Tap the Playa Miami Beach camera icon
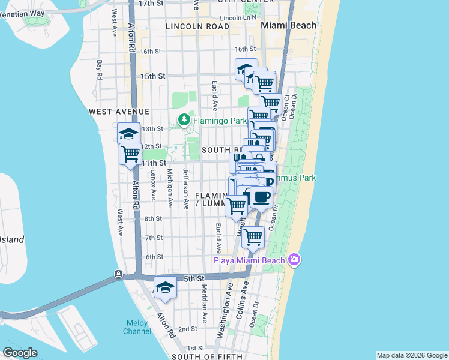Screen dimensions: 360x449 click(x=294, y=259)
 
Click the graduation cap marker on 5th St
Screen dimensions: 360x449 click(x=165, y=287)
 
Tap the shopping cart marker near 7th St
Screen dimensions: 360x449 click(x=253, y=236)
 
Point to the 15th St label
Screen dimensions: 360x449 click(x=153, y=76)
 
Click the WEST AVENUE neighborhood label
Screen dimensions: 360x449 click(x=119, y=112)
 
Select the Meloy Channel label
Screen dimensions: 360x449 click(x=137, y=328)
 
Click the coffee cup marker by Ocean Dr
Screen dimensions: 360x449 click(x=261, y=197)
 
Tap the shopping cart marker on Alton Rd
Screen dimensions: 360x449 click(x=130, y=154)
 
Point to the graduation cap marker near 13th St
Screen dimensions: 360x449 click(x=128, y=133)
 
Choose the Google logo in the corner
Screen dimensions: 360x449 click(x=20, y=352)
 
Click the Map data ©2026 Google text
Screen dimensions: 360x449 click(x=411, y=355)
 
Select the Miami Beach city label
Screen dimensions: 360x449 click(x=288, y=26)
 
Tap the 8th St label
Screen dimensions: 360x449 click(x=154, y=218)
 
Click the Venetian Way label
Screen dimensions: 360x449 click(x=23, y=13)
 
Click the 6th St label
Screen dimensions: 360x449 click(x=154, y=257)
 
